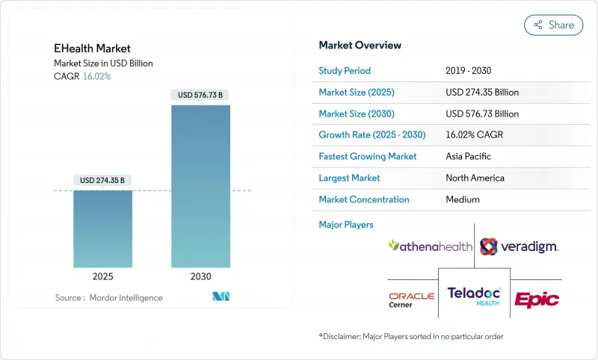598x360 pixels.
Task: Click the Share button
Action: tap(553, 25)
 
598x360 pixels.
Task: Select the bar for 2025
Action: tap(102, 229)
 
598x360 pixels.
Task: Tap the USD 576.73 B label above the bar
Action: tap(200, 95)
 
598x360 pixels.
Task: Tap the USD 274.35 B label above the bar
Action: tap(102, 180)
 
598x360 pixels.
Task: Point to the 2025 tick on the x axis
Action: tap(102, 276)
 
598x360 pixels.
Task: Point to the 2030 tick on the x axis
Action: tap(200, 276)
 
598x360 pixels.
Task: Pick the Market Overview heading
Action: tap(360, 46)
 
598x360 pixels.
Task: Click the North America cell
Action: tap(475, 178)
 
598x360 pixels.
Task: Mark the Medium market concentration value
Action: tap(463, 199)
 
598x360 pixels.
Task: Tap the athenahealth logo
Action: tap(430, 245)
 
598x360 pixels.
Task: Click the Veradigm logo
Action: tap(519, 246)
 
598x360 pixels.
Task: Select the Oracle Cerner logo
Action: tap(411, 300)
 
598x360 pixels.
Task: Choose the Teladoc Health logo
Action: tap(474, 296)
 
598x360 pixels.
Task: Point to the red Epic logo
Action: tap(536, 300)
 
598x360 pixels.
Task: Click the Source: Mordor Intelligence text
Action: tap(108, 298)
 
